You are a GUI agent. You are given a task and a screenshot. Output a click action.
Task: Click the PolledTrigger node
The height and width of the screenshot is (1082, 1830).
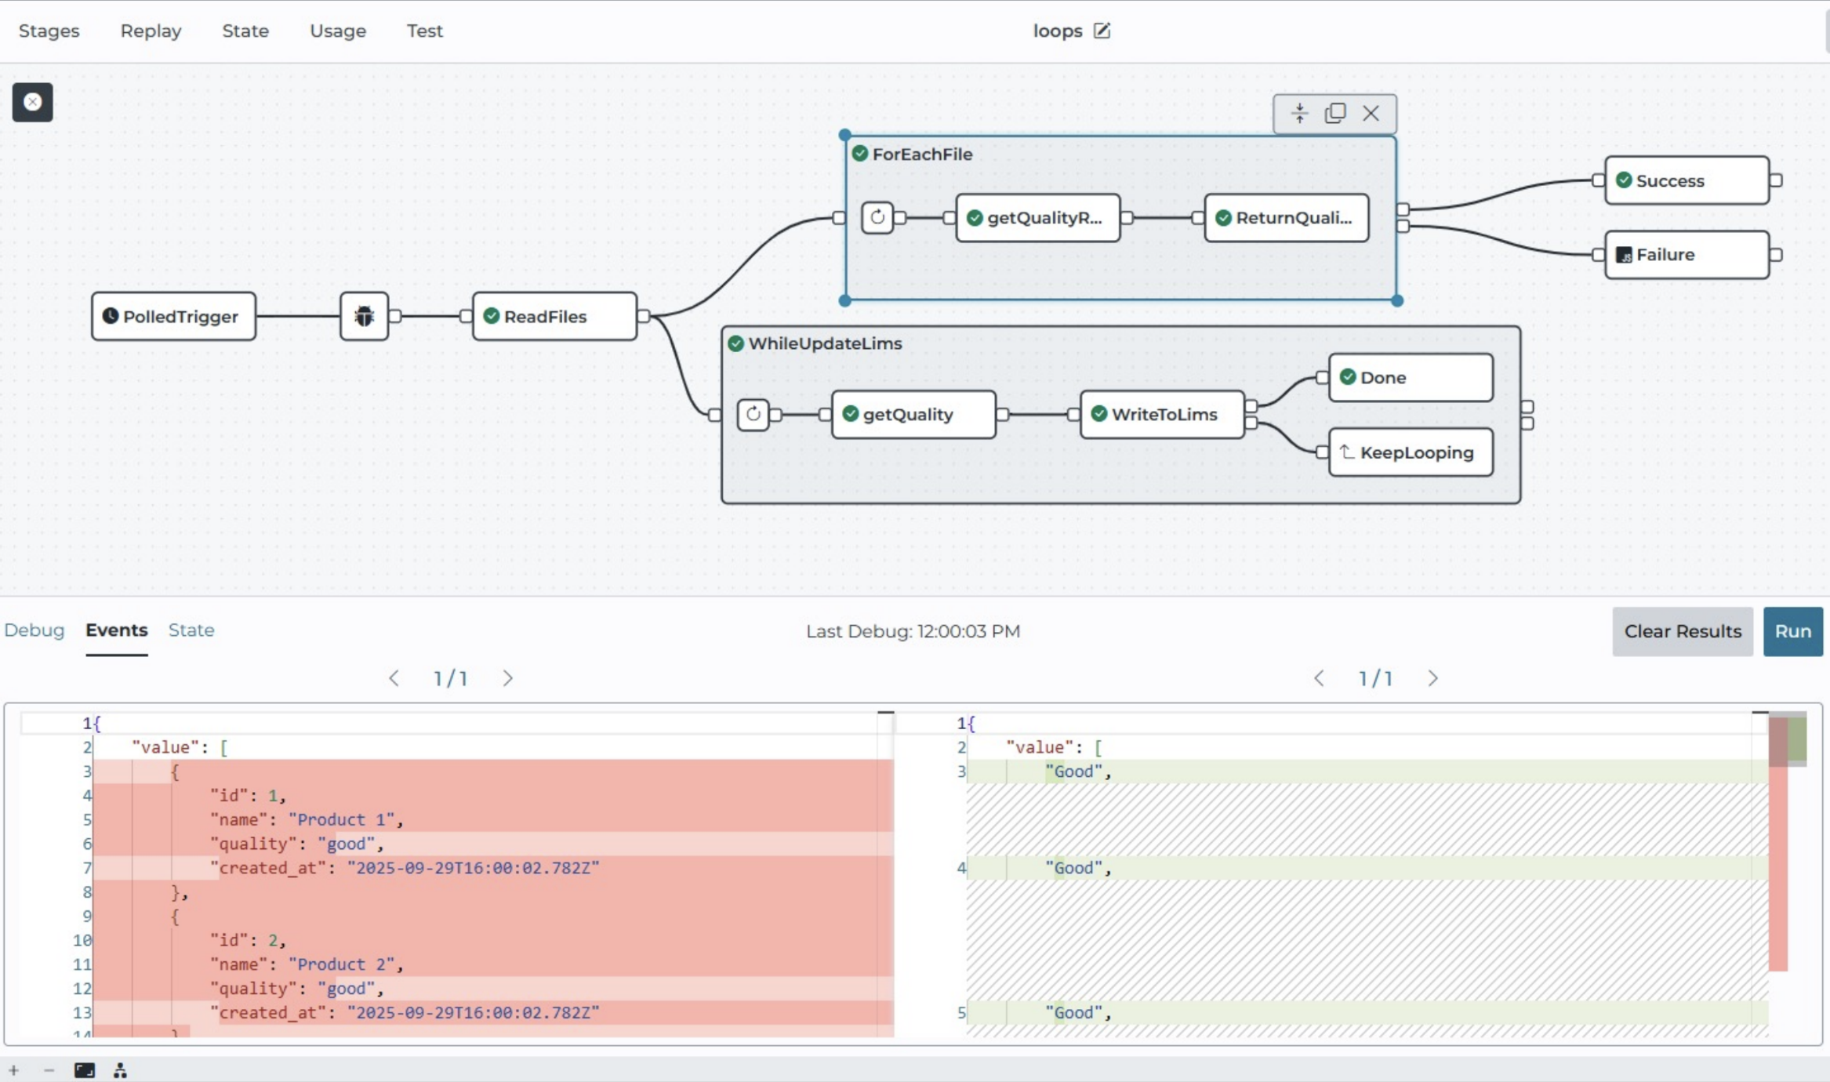coord(173,316)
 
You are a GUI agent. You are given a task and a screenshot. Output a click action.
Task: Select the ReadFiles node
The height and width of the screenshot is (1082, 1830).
coord(554,316)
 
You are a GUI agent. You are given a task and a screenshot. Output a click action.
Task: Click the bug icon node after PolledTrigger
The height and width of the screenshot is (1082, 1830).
coord(364,316)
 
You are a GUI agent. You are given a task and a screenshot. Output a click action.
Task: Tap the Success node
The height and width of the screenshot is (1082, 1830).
coord(1687,180)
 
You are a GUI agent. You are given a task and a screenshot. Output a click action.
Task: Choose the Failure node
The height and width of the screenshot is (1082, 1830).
coord(1687,255)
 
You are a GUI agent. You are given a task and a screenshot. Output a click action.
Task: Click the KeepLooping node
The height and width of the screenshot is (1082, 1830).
coord(1411,452)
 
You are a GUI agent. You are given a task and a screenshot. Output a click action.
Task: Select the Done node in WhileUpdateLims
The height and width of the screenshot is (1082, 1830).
coord(1411,377)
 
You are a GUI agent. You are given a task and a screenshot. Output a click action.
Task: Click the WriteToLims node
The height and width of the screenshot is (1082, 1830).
coord(1162,414)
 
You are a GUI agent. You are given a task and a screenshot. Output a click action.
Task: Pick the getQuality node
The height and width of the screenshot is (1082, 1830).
coord(913,414)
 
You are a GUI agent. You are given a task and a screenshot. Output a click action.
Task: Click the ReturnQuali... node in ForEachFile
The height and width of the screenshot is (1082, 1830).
coord(1287,217)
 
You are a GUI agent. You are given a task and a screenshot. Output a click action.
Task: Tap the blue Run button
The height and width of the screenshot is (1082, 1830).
coord(1792,631)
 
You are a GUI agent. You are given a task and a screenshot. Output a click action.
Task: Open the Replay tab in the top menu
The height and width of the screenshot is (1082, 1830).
coord(151,31)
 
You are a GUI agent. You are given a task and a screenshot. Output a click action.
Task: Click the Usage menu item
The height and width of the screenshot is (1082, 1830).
coord(338,31)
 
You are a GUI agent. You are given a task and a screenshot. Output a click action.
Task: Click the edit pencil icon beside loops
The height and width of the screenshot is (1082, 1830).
coord(1102,31)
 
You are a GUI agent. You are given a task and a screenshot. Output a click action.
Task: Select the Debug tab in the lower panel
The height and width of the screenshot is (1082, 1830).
coord(34,630)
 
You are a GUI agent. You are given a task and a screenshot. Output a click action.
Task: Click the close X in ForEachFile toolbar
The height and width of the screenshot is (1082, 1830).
coord(1371,114)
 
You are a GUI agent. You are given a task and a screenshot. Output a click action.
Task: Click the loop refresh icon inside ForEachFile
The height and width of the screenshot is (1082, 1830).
coord(877,217)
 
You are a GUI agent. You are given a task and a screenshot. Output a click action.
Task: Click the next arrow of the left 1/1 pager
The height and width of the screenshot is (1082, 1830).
coord(507,678)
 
